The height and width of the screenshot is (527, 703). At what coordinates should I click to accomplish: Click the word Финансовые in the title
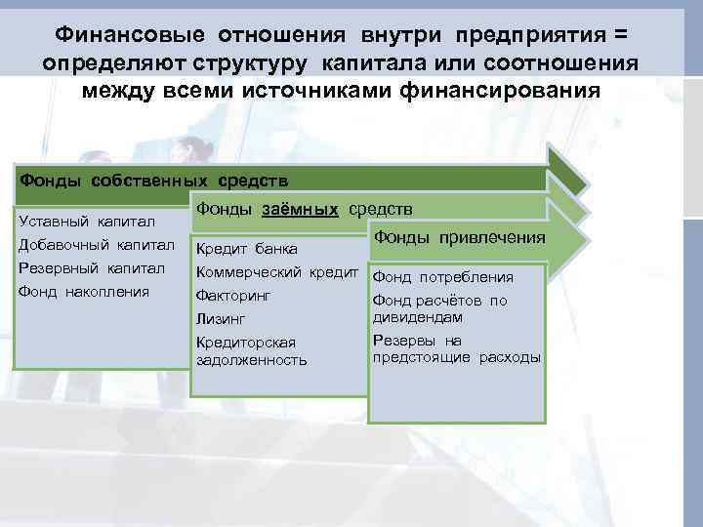pos(129,35)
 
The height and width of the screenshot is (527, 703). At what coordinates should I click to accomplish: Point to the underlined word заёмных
pos(300,209)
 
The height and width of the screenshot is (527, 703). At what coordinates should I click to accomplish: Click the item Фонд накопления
pos(84,291)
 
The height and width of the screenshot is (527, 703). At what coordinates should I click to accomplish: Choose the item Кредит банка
pos(247,251)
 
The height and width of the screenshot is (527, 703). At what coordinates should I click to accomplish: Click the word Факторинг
pos(233,295)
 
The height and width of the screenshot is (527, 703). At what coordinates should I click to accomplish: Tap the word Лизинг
pos(220,318)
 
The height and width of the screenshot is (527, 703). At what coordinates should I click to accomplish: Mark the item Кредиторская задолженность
pos(251,351)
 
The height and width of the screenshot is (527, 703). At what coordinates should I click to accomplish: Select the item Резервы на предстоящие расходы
pos(456,349)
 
